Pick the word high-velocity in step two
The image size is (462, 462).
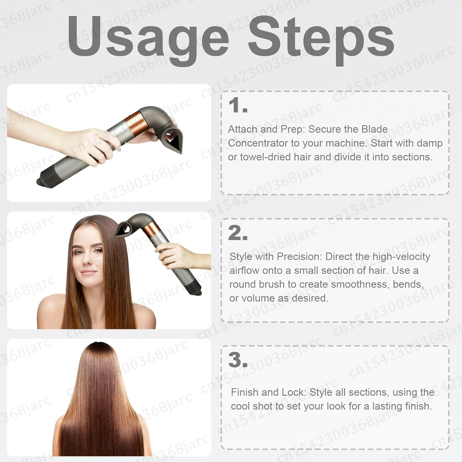401,256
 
